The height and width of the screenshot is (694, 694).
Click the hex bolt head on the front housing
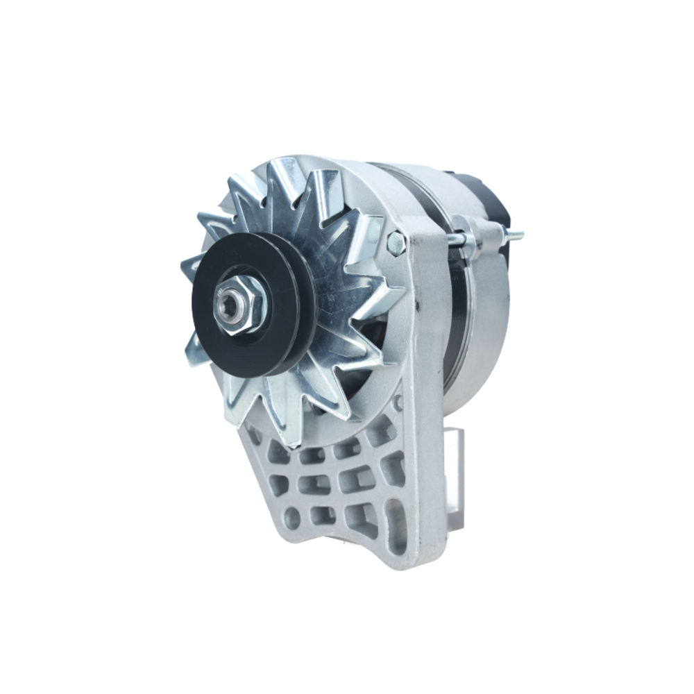coord(396,243)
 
